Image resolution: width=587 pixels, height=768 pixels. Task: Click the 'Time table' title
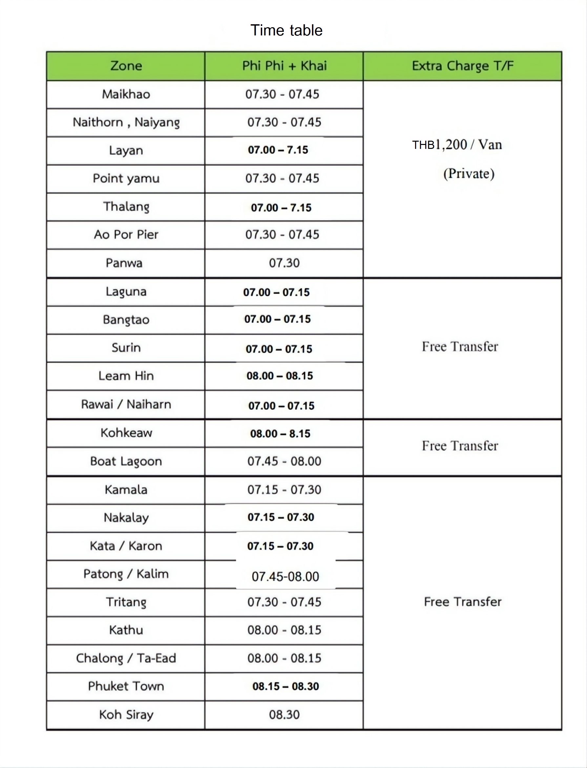286,30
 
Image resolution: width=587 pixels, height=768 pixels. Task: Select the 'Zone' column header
126,66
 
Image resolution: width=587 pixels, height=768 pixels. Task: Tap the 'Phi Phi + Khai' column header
284,66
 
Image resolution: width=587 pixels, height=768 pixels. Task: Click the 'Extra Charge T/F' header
463,66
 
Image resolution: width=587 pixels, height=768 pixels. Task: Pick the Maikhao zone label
126,94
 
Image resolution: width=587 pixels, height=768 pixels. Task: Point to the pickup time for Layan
278,150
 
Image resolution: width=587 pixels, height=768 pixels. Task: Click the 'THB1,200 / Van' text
457,145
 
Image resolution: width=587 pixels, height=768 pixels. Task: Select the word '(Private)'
469,173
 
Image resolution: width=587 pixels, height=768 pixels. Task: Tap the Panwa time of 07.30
284,263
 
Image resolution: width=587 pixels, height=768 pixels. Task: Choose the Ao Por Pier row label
126,234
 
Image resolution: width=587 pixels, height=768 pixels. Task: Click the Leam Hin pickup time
280,376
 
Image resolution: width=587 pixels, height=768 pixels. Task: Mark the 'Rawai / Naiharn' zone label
126,404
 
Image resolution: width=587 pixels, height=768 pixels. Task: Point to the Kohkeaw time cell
280,434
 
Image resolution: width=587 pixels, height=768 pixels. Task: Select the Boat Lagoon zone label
126,461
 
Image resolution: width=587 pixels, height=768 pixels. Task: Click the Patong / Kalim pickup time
285,576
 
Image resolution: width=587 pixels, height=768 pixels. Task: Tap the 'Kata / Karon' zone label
126,546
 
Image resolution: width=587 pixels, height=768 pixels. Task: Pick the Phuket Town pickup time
285,686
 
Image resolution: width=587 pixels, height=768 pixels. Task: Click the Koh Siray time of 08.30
284,715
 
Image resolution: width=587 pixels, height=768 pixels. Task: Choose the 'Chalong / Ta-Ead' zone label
126,658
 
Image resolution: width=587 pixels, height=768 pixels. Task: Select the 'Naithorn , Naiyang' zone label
126,122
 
